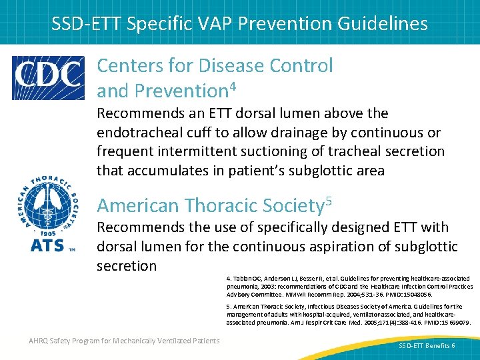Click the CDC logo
(x=48, y=78)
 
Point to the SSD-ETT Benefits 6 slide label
(x=427, y=346)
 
